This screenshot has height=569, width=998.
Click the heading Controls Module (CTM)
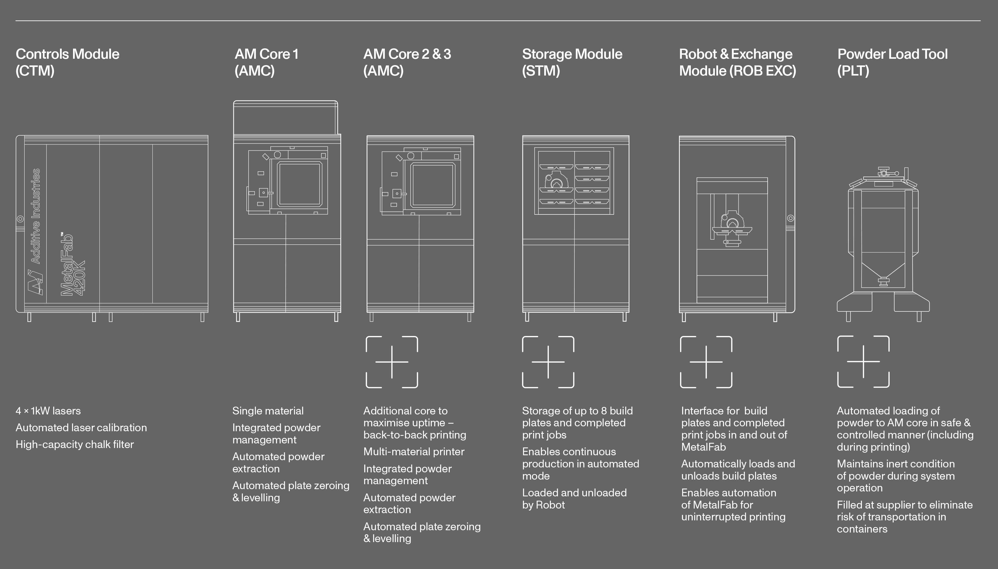point(67,62)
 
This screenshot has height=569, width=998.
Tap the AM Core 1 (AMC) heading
point(266,62)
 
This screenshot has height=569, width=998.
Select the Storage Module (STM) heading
point(572,62)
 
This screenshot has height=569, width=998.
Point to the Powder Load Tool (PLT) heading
point(892,62)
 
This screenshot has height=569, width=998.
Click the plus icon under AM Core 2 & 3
point(391,362)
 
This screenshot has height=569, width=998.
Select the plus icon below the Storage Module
point(548,362)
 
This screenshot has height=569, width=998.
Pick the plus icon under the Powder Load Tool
point(863,362)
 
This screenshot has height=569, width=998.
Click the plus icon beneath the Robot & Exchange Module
point(706,362)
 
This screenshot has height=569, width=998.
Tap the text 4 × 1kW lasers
point(48,411)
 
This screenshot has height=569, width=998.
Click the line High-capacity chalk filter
point(75,444)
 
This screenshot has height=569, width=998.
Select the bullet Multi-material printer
point(414,452)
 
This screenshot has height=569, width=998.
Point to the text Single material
point(267,411)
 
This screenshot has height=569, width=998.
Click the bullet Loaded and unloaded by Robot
point(574,499)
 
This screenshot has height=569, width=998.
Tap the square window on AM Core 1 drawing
point(300,184)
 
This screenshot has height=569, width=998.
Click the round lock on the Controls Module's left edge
point(20,219)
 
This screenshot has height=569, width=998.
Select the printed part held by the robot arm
point(732,221)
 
